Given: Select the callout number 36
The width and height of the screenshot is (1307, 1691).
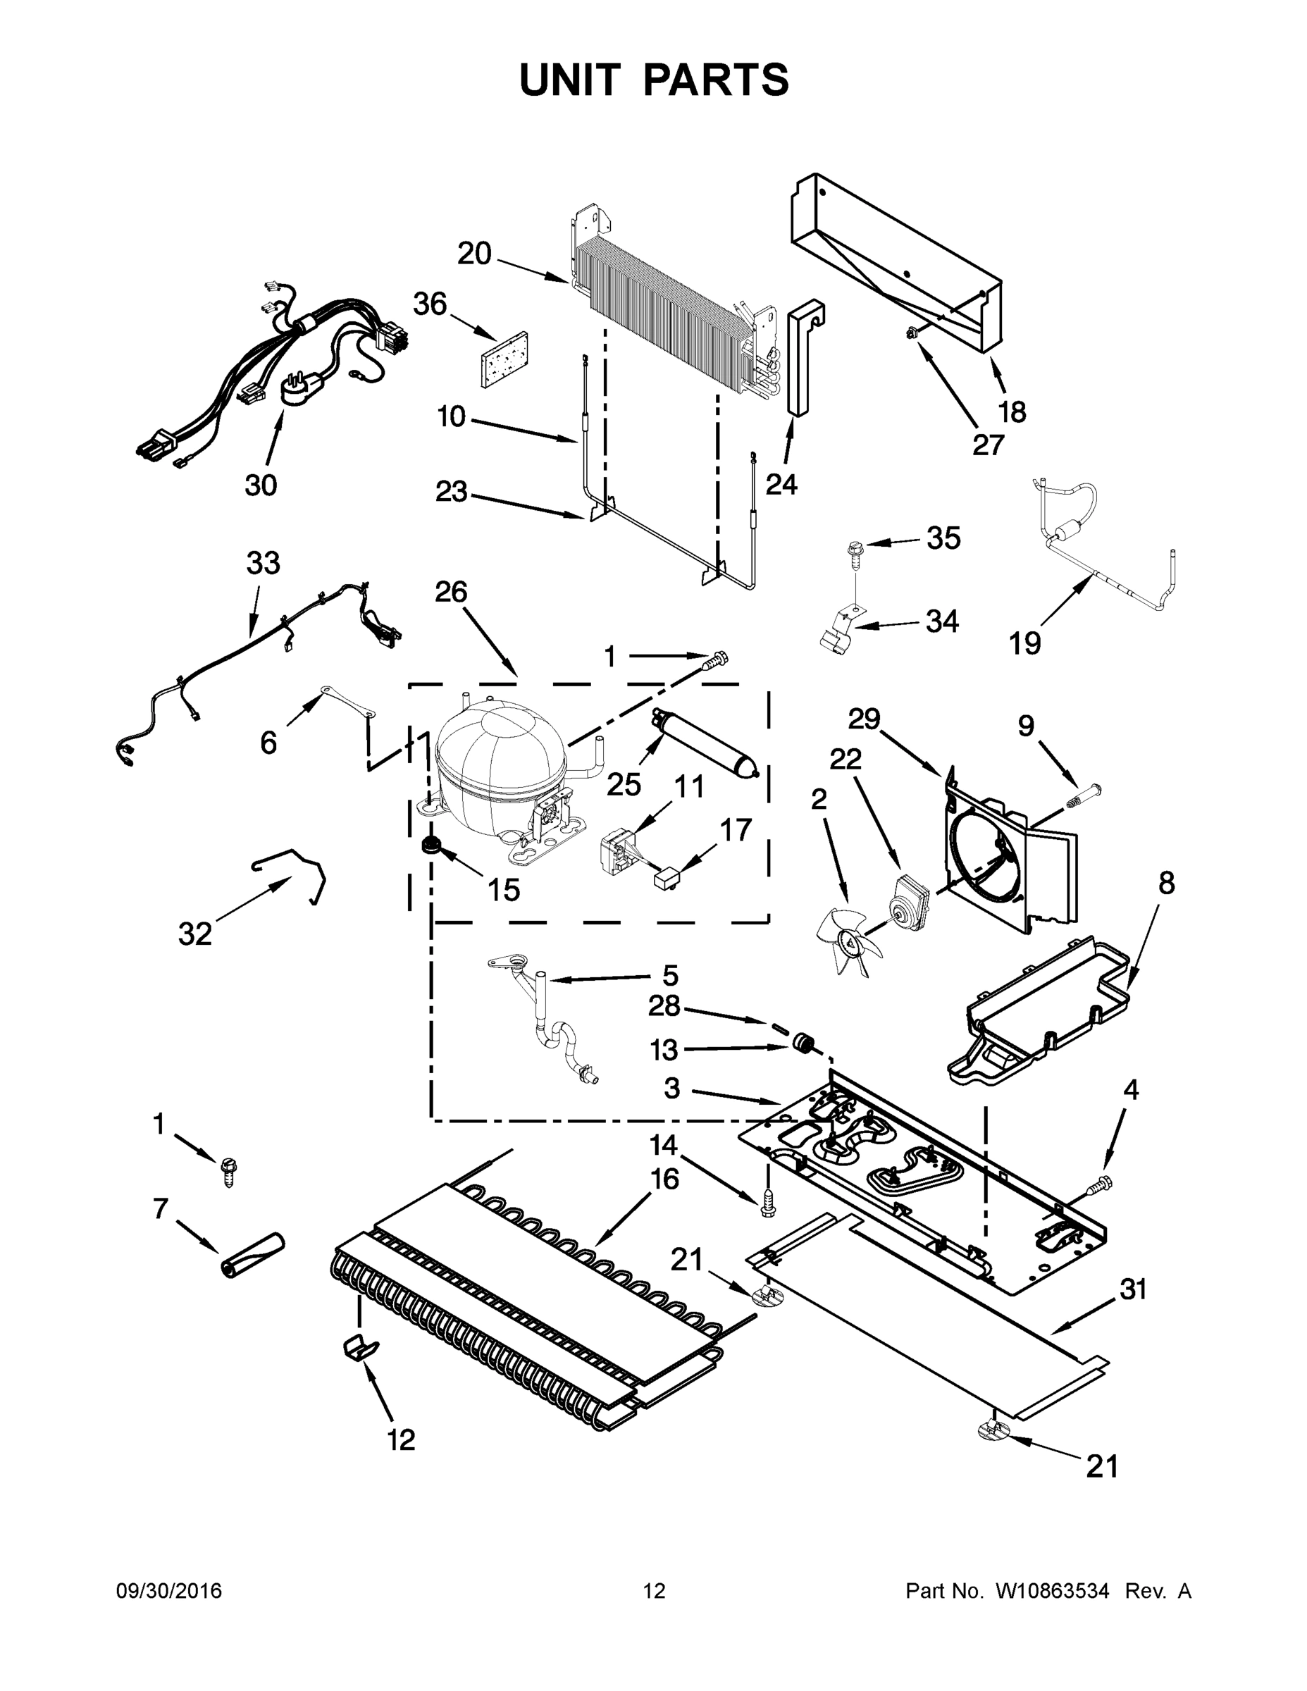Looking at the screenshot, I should point(430,304).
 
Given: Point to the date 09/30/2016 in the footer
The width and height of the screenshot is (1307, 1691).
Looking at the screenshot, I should point(169,1591).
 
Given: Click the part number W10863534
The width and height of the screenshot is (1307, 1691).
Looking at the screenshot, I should point(1051,1591).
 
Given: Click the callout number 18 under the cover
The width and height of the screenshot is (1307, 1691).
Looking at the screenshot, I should point(1012,412).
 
